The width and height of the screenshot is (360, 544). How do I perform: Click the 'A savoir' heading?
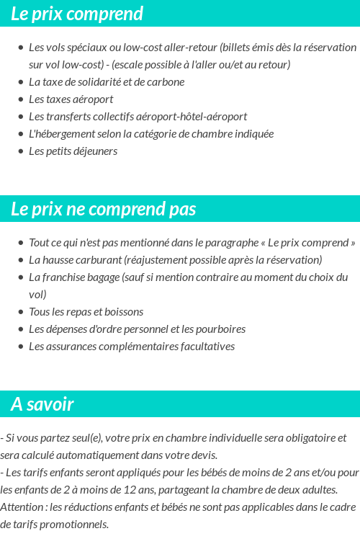(x=42, y=404)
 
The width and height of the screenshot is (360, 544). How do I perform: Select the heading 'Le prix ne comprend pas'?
(x=103, y=209)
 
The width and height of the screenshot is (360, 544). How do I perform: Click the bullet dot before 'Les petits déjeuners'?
(x=20, y=151)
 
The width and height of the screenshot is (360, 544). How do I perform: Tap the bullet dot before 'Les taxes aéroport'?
(x=20, y=99)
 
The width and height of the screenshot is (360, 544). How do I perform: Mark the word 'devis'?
(x=203, y=455)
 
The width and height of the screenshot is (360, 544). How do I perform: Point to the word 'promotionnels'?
(x=75, y=524)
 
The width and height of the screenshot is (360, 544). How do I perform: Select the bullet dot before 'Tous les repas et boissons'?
(x=20, y=312)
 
